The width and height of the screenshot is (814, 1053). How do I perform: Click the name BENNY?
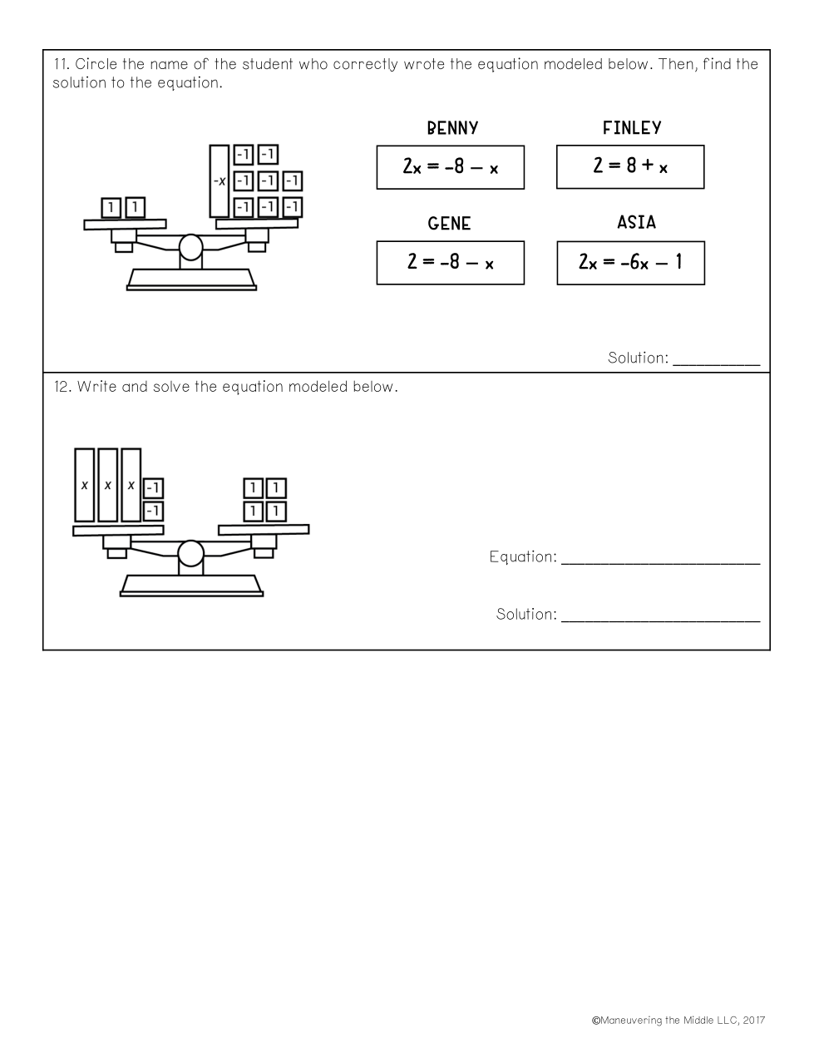(452, 128)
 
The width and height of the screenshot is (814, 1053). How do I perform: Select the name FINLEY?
(632, 127)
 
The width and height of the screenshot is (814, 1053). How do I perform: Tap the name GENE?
(449, 224)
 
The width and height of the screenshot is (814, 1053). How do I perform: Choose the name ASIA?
(636, 222)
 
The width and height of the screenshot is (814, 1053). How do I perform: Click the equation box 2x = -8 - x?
(451, 167)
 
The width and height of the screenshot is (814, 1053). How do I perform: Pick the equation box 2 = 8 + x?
(630, 166)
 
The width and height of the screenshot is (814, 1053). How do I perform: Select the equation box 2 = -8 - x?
(451, 263)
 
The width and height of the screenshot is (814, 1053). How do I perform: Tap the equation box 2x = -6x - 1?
(631, 263)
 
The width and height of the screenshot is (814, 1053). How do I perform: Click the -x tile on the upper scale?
(220, 181)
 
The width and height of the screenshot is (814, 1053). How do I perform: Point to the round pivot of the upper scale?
(190, 247)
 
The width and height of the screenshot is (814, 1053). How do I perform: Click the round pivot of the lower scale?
(190, 553)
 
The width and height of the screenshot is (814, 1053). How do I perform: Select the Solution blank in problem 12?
(661, 620)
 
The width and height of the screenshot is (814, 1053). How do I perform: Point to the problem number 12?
(63, 387)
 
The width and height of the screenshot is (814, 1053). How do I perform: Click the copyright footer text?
(678, 1020)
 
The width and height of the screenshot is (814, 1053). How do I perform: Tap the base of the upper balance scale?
(191, 279)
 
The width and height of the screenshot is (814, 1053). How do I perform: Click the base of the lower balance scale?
(192, 586)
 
